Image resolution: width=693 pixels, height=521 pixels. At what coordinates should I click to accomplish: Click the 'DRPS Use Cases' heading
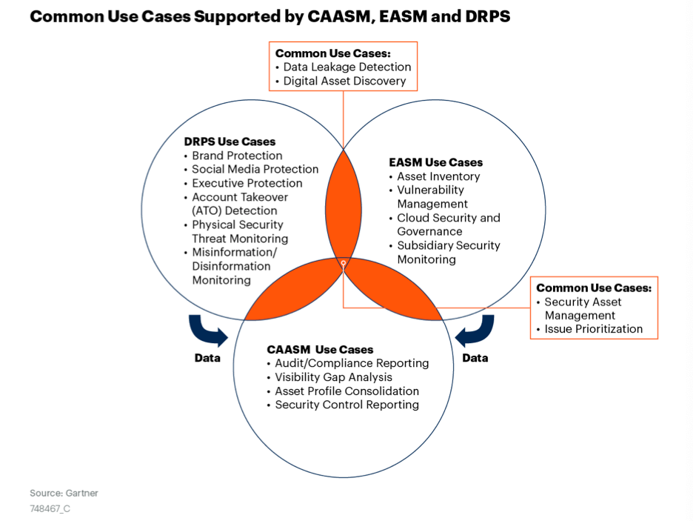point(230,142)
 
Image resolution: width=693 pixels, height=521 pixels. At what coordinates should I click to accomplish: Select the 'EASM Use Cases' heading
point(436,162)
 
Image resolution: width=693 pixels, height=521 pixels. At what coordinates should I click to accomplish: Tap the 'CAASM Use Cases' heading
point(320,349)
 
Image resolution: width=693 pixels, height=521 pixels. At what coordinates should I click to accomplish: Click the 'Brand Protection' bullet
point(237,156)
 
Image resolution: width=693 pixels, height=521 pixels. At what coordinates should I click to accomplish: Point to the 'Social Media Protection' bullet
point(255,170)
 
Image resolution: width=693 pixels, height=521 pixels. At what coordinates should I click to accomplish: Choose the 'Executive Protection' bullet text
point(247,183)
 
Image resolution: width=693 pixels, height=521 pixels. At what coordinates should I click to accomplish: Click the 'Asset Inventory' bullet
point(438,176)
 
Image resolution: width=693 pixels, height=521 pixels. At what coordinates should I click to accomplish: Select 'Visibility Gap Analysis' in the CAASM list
point(334,377)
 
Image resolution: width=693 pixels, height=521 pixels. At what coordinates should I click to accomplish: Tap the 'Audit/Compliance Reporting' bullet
point(352,363)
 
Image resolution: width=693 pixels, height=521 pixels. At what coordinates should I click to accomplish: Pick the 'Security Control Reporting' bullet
point(347,405)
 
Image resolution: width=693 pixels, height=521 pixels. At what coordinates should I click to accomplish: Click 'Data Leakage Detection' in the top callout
point(347,67)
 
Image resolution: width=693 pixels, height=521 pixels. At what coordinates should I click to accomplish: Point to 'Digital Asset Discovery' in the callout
point(344,81)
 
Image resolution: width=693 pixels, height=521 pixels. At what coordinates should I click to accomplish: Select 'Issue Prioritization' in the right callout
point(594,329)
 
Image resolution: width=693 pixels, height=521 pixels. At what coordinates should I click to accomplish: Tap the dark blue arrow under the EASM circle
point(477,331)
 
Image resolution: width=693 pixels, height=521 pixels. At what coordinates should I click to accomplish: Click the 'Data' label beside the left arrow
point(207,358)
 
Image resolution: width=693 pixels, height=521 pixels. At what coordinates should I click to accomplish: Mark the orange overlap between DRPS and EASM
point(344,206)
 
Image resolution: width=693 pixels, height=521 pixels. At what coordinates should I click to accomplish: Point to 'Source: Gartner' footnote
point(64,493)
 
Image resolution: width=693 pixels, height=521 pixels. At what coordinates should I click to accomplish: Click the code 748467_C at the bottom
point(50,508)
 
